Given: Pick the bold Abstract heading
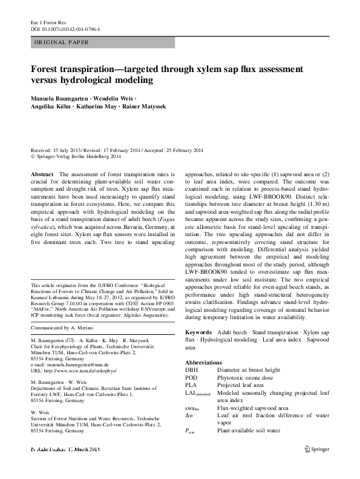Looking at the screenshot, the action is click(x=42, y=174).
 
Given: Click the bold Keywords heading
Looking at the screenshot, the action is click(x=198, y=332).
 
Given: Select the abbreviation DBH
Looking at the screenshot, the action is click(x=192, y=369).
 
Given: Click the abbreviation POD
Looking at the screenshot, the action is click(x=192, y=377).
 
